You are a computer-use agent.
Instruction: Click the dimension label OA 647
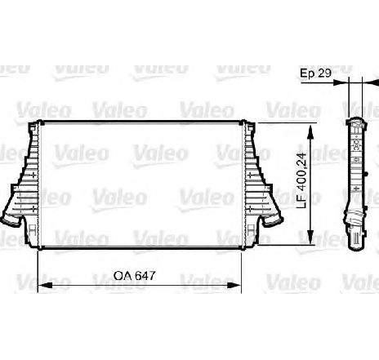click(x=134, y=276)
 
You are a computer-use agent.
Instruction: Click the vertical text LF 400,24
click(x=301, y=180)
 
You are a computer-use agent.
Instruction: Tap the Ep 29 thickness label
click(x=315, y=73)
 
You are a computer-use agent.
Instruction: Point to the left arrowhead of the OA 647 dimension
click(x=45, y=286)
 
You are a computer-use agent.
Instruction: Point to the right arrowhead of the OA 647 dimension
click(x=234, y=286)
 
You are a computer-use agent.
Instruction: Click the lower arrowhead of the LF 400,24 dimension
click(x=310, y=237)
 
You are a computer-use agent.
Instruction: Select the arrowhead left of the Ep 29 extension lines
click(x=341, y=82)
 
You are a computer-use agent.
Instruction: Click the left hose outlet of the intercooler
click(x=11, y=220)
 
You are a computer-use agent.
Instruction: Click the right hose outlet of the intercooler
click(x=272, y=220)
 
